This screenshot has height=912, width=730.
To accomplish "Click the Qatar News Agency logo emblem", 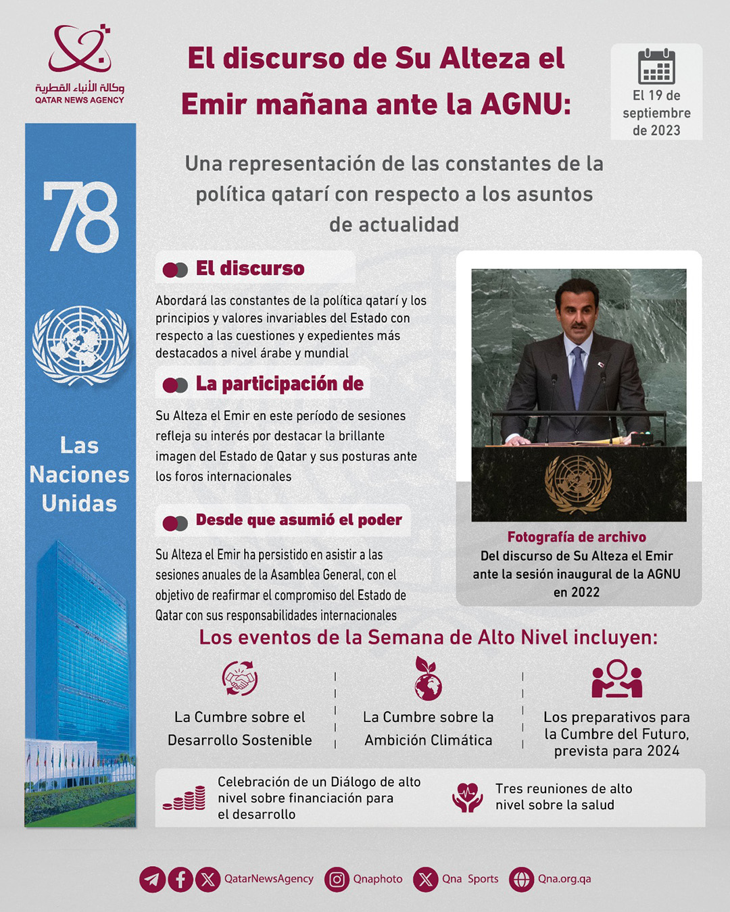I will pyautogui.click(x=80, y=49).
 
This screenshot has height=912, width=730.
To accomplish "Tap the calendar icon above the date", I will pyautogui.click(x=656, y=66).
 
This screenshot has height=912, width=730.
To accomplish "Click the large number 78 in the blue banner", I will pyautogui.click(x=81, y=218).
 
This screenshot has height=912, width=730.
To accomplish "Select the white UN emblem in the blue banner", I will pyautogui.click(x=80, y=345).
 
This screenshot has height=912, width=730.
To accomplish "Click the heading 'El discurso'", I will pyautogui.click(x=250, y=269).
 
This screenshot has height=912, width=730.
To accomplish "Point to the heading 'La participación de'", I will pyautogui.click(x=279, y=384).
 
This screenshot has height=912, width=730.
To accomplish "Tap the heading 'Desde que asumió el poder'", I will pyautogui.click(x=299, y=520).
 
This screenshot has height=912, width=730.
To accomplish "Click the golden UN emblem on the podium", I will pyautogui.click(x=579, y=483).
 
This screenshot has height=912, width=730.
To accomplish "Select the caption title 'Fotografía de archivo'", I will pyautogui.click(x=577, y=537).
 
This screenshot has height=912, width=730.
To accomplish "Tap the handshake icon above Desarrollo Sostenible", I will pyautogui.click(x=240, y=678).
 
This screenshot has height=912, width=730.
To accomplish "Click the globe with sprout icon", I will pyautogui.click(x=428, y=680).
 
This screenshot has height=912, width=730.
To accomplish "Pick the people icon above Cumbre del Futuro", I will pyautogui.click(x=616, y=679).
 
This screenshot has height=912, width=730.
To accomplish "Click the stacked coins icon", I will pyautogui.click(x=185, y=799).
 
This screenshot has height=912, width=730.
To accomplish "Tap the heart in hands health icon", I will pyautogui.click(x=467, y=797).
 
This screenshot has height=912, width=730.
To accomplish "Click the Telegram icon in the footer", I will pyautogui.click(x=153, y=879).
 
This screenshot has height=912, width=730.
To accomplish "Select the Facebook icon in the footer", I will pyautogui.click(x=180, y=879).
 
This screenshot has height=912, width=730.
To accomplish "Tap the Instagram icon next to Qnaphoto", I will pyautogui.click(x=337, y=879).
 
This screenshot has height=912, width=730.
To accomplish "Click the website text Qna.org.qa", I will pyautogui.click(x=564, y=879).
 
